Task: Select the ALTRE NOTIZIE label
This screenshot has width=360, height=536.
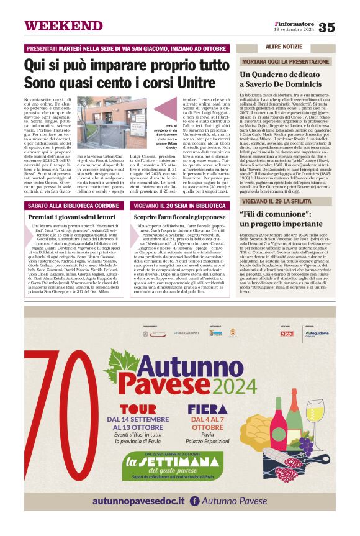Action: click(284, 47)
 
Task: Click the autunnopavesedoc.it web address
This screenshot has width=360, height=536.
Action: click(138, 500)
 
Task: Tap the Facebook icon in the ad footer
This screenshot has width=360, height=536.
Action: click(194, 501)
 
